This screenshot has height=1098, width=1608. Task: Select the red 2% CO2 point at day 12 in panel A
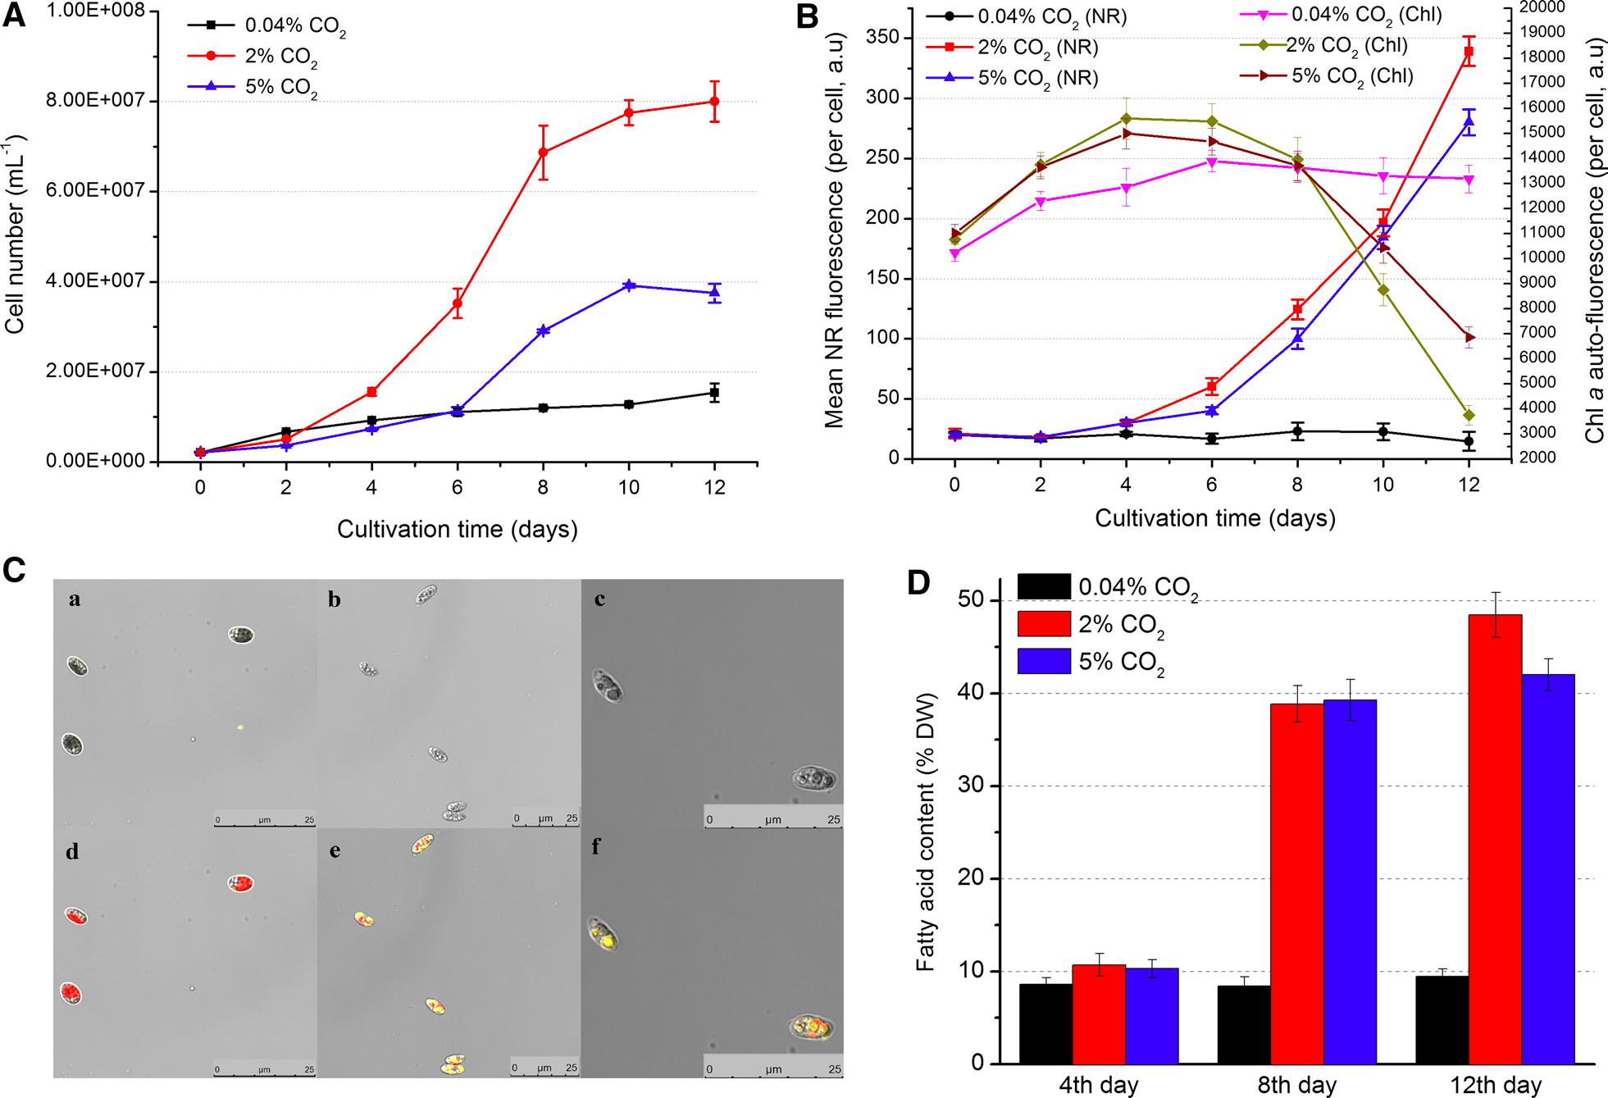[x=714, y=102]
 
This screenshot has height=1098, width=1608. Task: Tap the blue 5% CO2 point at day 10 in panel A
[x=629, y=285]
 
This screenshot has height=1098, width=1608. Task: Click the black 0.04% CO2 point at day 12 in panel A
[x=714, y=393]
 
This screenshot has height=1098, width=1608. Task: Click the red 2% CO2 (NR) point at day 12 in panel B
[x=1469, y=52]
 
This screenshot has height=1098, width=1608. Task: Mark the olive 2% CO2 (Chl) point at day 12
[x=1469, y=415]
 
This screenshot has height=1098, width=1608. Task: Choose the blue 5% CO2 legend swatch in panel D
[x=1044, y=661]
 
